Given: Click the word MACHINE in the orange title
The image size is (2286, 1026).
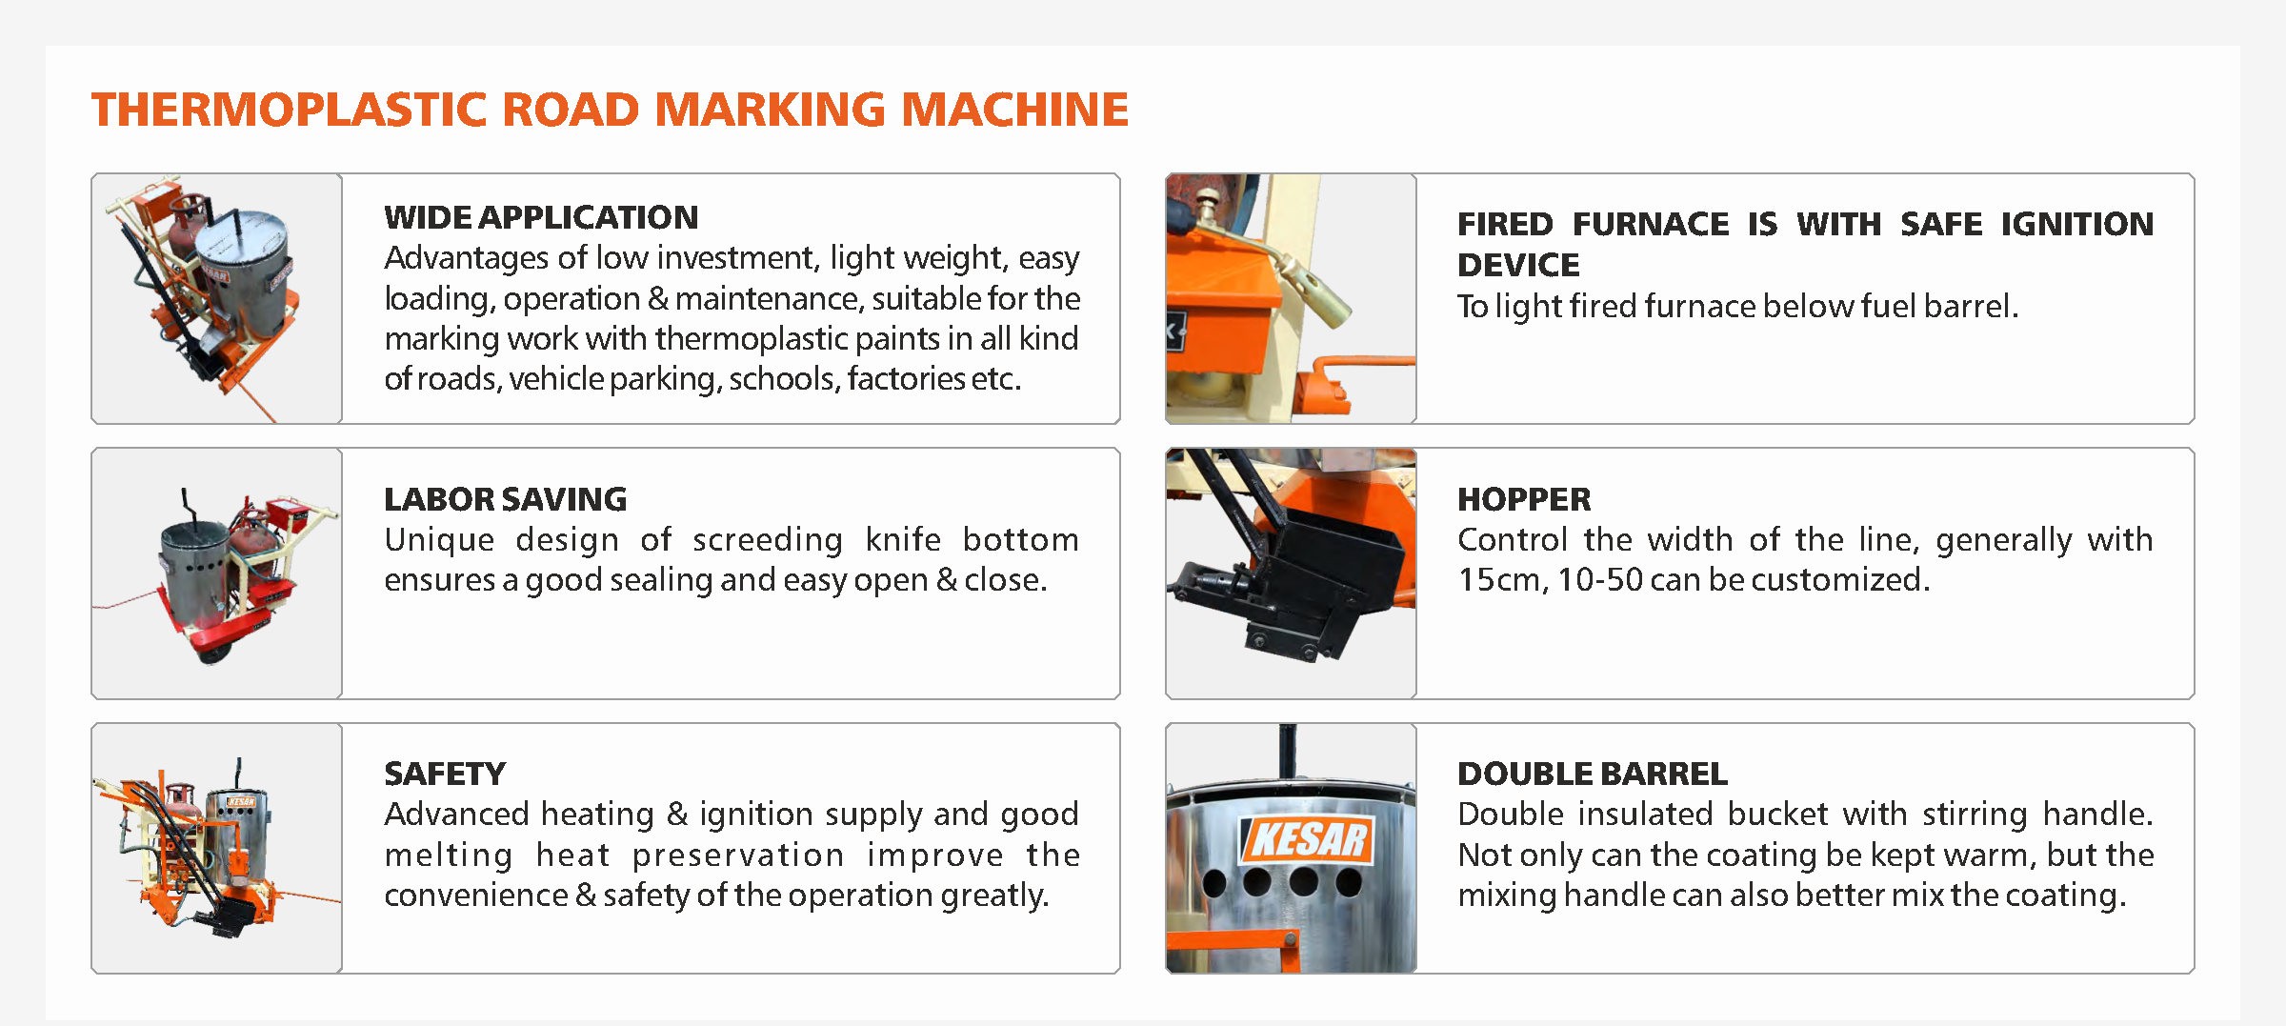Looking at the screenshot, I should pos(1014,110).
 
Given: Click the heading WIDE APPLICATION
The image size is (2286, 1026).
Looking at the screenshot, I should pos(541,217).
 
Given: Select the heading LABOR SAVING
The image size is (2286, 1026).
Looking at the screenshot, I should pos(505,499).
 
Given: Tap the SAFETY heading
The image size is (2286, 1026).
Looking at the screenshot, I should pos(445,774).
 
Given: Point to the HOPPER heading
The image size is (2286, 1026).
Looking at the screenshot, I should pos(1524,499).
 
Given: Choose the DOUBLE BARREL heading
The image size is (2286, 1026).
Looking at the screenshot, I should pos(1592,774).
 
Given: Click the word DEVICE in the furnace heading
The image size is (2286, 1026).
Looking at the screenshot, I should pos(1518,265).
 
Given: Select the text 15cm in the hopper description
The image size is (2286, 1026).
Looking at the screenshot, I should pos(1501,580).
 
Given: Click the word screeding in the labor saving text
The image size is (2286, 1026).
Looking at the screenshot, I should pos(767,540).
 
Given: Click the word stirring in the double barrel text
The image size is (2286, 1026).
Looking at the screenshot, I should pos(1975,815).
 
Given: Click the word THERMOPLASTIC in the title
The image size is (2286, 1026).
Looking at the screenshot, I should pos(290,110).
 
